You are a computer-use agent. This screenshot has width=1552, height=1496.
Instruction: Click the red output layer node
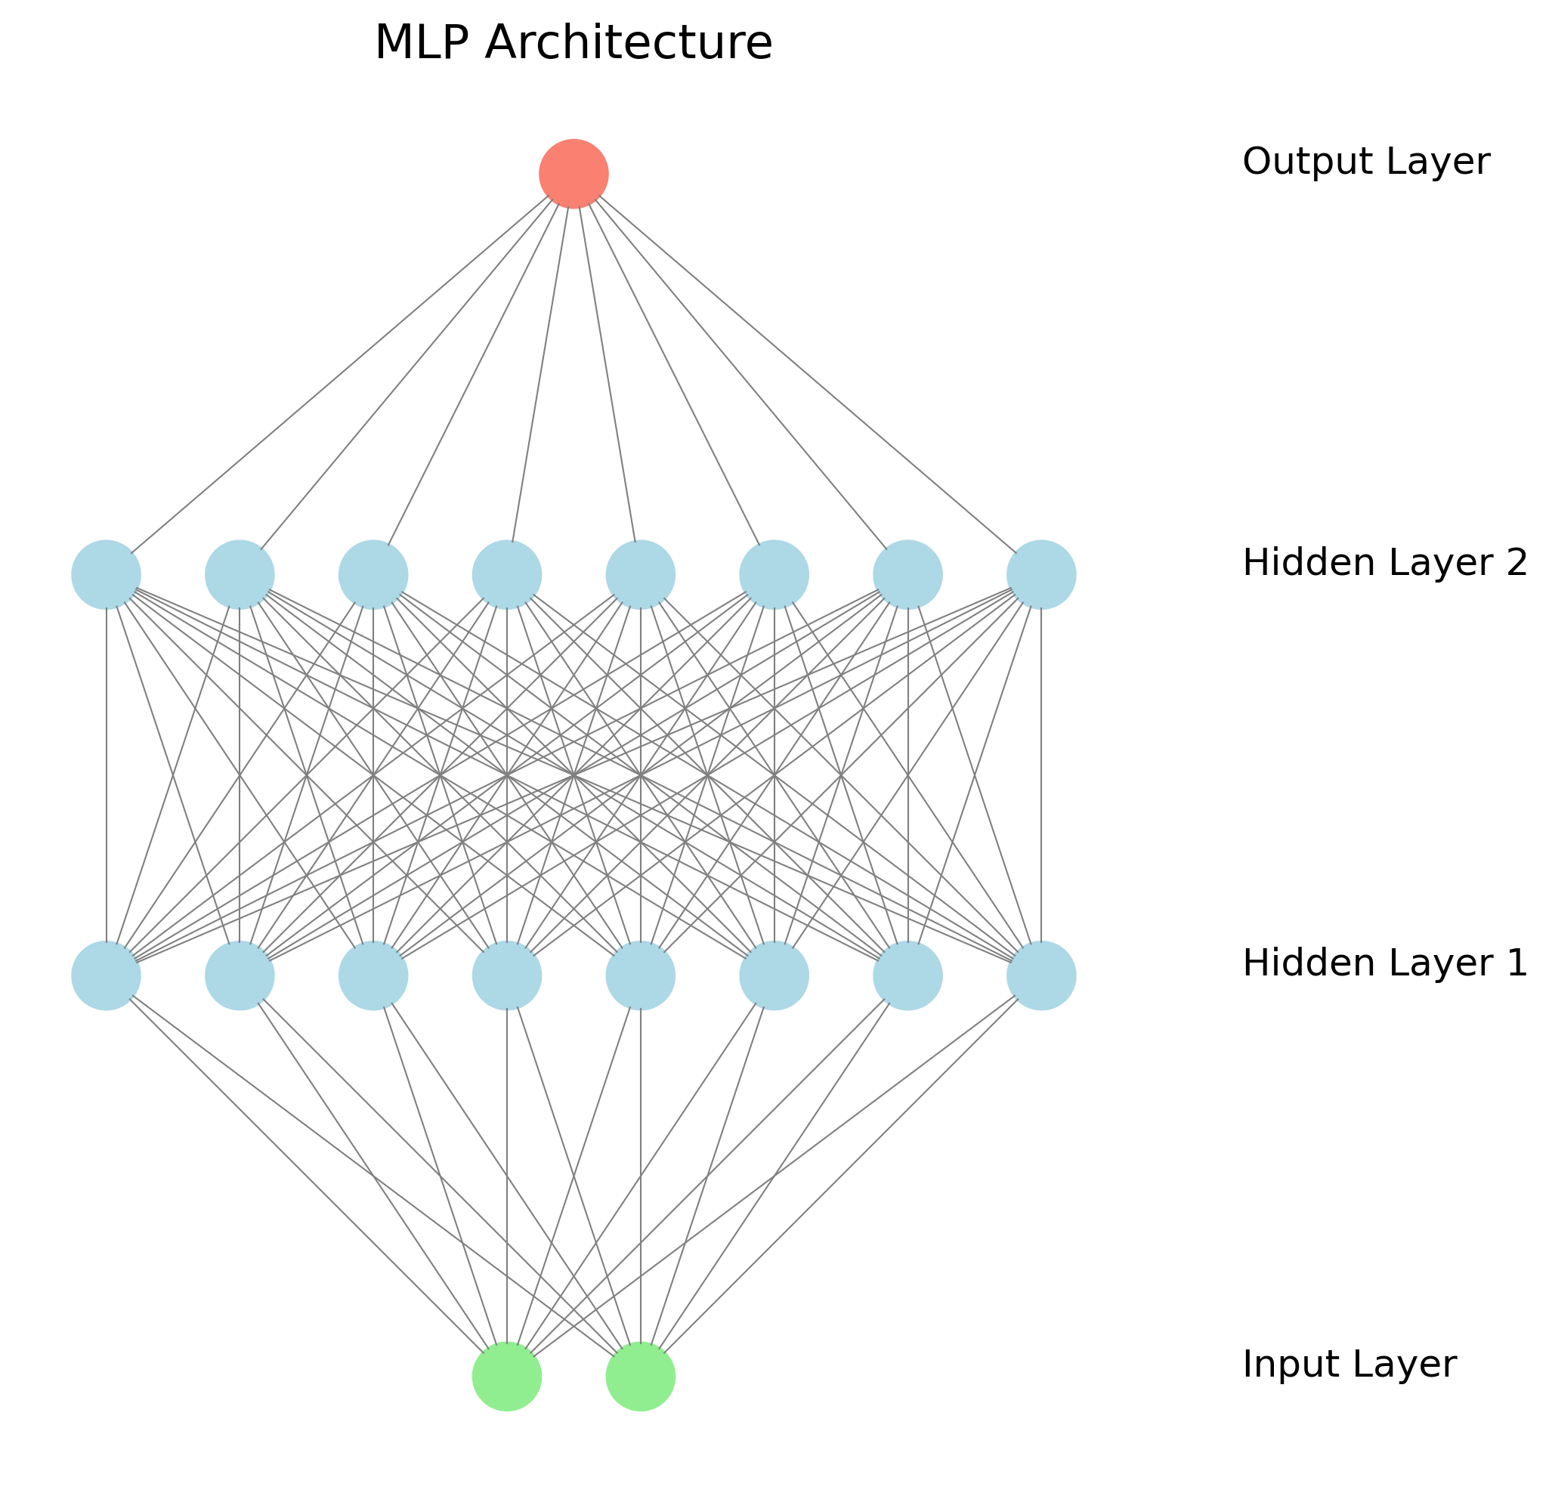pos(573,174)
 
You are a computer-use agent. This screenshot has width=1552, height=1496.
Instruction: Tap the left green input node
pos(507,1377)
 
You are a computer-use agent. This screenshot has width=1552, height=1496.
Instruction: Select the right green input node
pos(641,1377)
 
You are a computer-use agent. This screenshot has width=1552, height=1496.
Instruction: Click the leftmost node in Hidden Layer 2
pos(106,575)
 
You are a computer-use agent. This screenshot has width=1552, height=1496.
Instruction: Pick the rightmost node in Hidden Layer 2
pos(1041,575)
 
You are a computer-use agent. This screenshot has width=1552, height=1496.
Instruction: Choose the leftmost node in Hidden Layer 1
pos(106,975)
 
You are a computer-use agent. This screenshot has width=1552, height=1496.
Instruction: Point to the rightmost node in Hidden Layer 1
pos(1041,975)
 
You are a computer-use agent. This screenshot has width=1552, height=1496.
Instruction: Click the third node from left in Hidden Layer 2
pos(373,575)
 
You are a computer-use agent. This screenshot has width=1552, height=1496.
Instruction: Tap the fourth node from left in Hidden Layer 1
pos(507,975)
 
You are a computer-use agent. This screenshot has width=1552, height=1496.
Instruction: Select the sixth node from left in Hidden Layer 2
pos(774,575)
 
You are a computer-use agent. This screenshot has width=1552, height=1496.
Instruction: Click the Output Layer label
pos(1366,162)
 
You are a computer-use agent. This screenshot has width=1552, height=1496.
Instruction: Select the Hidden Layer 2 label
pos(1384,563)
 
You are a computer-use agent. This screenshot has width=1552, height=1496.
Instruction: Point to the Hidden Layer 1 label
pos(1384,964)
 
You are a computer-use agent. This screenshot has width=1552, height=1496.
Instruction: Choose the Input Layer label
pos(1349,1365)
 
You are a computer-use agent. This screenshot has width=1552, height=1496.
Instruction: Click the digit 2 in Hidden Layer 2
pos(1516,563)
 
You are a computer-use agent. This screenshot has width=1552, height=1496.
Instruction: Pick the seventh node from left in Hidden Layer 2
pos(907,575)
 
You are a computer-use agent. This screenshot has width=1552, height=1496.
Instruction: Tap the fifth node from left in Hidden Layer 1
pos(641,975)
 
